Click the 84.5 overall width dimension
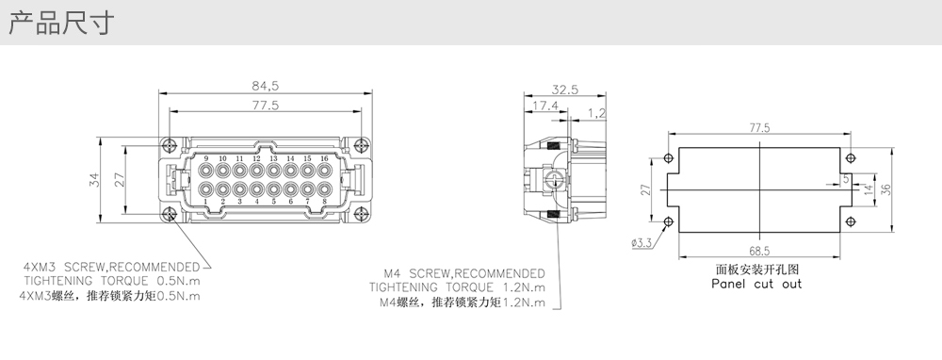click(265, 86)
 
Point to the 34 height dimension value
click(94, 180)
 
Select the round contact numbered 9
click(206, 171)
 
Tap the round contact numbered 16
click(324, 171)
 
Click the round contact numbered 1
click(206, 188)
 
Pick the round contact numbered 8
click(324, 188)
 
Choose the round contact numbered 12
click(256, 171)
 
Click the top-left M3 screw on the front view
click(170, 145)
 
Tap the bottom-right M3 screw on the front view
click(361, 213)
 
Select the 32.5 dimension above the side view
click(564, 90)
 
